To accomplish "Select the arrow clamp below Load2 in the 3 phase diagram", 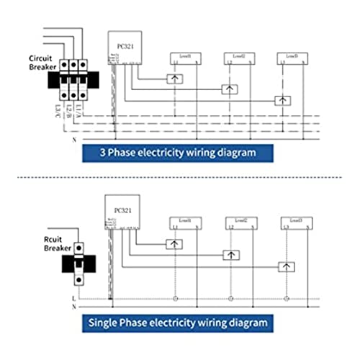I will coord(230,89).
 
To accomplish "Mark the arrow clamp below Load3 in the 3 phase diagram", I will coord(284,101).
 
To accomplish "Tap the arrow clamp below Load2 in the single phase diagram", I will coord(230,255).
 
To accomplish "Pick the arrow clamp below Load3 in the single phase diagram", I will coord(286,266).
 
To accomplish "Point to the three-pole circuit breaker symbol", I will coord(70,79).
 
